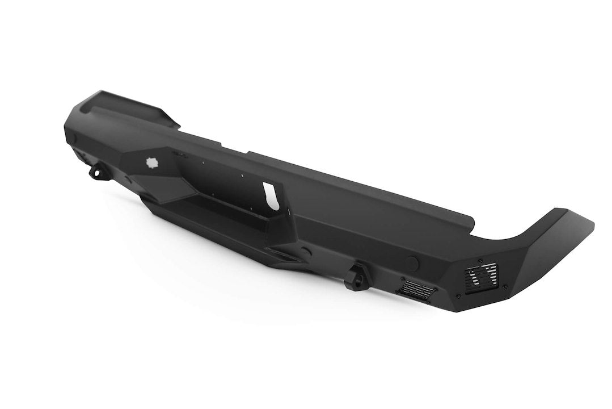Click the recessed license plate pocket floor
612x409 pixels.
tap(227, 222)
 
